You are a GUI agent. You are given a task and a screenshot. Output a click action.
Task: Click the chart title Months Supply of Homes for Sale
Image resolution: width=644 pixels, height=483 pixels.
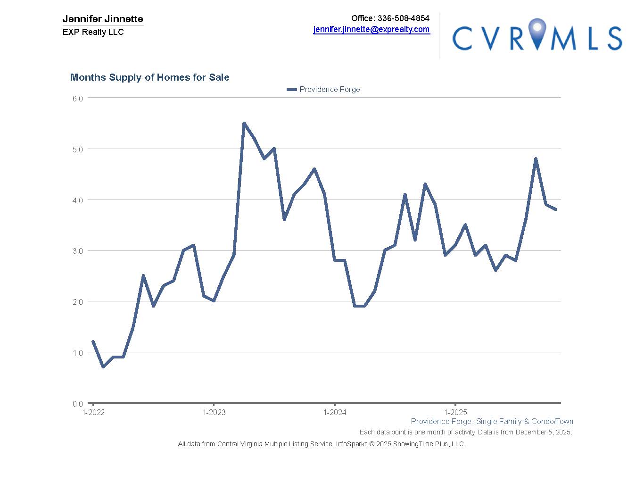click(x=149, y=77)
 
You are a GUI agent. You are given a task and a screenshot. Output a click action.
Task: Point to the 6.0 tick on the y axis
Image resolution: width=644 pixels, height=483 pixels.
click(x=78, y=99)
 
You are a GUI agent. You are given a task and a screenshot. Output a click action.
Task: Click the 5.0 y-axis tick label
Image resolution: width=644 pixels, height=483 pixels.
click(x=78, y=150)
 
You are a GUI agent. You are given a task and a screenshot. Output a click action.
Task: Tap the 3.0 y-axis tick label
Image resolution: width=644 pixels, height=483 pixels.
click(x=78, y=251)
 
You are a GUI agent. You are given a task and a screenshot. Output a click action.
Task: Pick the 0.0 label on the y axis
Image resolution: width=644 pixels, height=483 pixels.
click(x=78, y=404)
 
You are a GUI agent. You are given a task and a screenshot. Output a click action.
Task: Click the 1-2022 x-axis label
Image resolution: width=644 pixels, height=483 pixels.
click(x=93, y=413)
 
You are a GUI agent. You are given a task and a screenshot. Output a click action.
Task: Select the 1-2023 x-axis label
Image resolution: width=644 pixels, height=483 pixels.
click(x=214, y=413)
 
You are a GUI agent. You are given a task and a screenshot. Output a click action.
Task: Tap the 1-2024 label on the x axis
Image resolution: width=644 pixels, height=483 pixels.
click(x=335, y=413)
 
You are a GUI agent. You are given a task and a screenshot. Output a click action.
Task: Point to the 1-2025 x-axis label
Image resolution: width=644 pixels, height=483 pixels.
click(x=455, y=413)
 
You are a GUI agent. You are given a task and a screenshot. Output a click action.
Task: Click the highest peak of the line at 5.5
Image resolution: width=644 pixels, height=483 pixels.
click(x=244, y=123)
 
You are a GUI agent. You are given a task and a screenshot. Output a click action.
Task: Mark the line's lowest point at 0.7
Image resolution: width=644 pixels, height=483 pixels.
click(x=103, y=367)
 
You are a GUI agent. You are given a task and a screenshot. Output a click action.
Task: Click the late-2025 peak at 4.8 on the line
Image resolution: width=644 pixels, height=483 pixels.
click(x=536, y=159)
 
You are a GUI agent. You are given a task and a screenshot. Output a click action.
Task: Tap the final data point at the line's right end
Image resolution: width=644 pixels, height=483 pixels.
click(x=556, y=209)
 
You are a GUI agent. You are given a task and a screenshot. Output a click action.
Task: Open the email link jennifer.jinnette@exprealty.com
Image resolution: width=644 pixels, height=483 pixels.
click(x=372, y=29)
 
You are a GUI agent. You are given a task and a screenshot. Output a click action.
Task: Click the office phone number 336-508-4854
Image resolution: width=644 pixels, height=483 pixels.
click(x=403, y=18)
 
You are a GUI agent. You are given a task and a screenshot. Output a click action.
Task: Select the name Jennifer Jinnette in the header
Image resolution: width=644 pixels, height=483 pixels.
click(x=103, y=19)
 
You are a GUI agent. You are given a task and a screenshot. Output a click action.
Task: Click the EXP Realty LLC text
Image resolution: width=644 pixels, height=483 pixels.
click(x=93, y=32)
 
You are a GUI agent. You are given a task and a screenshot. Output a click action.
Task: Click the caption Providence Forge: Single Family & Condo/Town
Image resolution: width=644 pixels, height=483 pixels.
click(x=492, y=422)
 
